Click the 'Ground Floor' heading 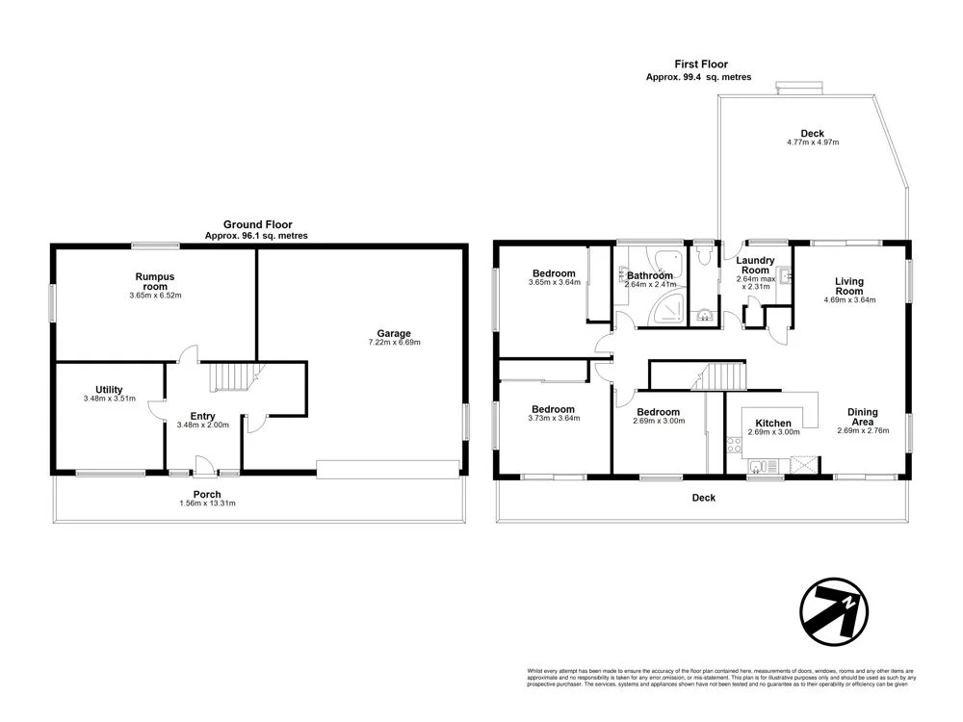(x=257, y=224)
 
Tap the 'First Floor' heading (x=698, y=64)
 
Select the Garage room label (x=394, y=333)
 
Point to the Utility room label (x=109, y=390)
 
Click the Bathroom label (x=650, y=275)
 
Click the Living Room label (x=848, y=286)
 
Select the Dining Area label (x=862, y=417)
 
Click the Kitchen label (x=773, y=423)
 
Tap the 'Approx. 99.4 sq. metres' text (x=698, y=77)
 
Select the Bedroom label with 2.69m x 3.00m (x=658, y=411)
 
